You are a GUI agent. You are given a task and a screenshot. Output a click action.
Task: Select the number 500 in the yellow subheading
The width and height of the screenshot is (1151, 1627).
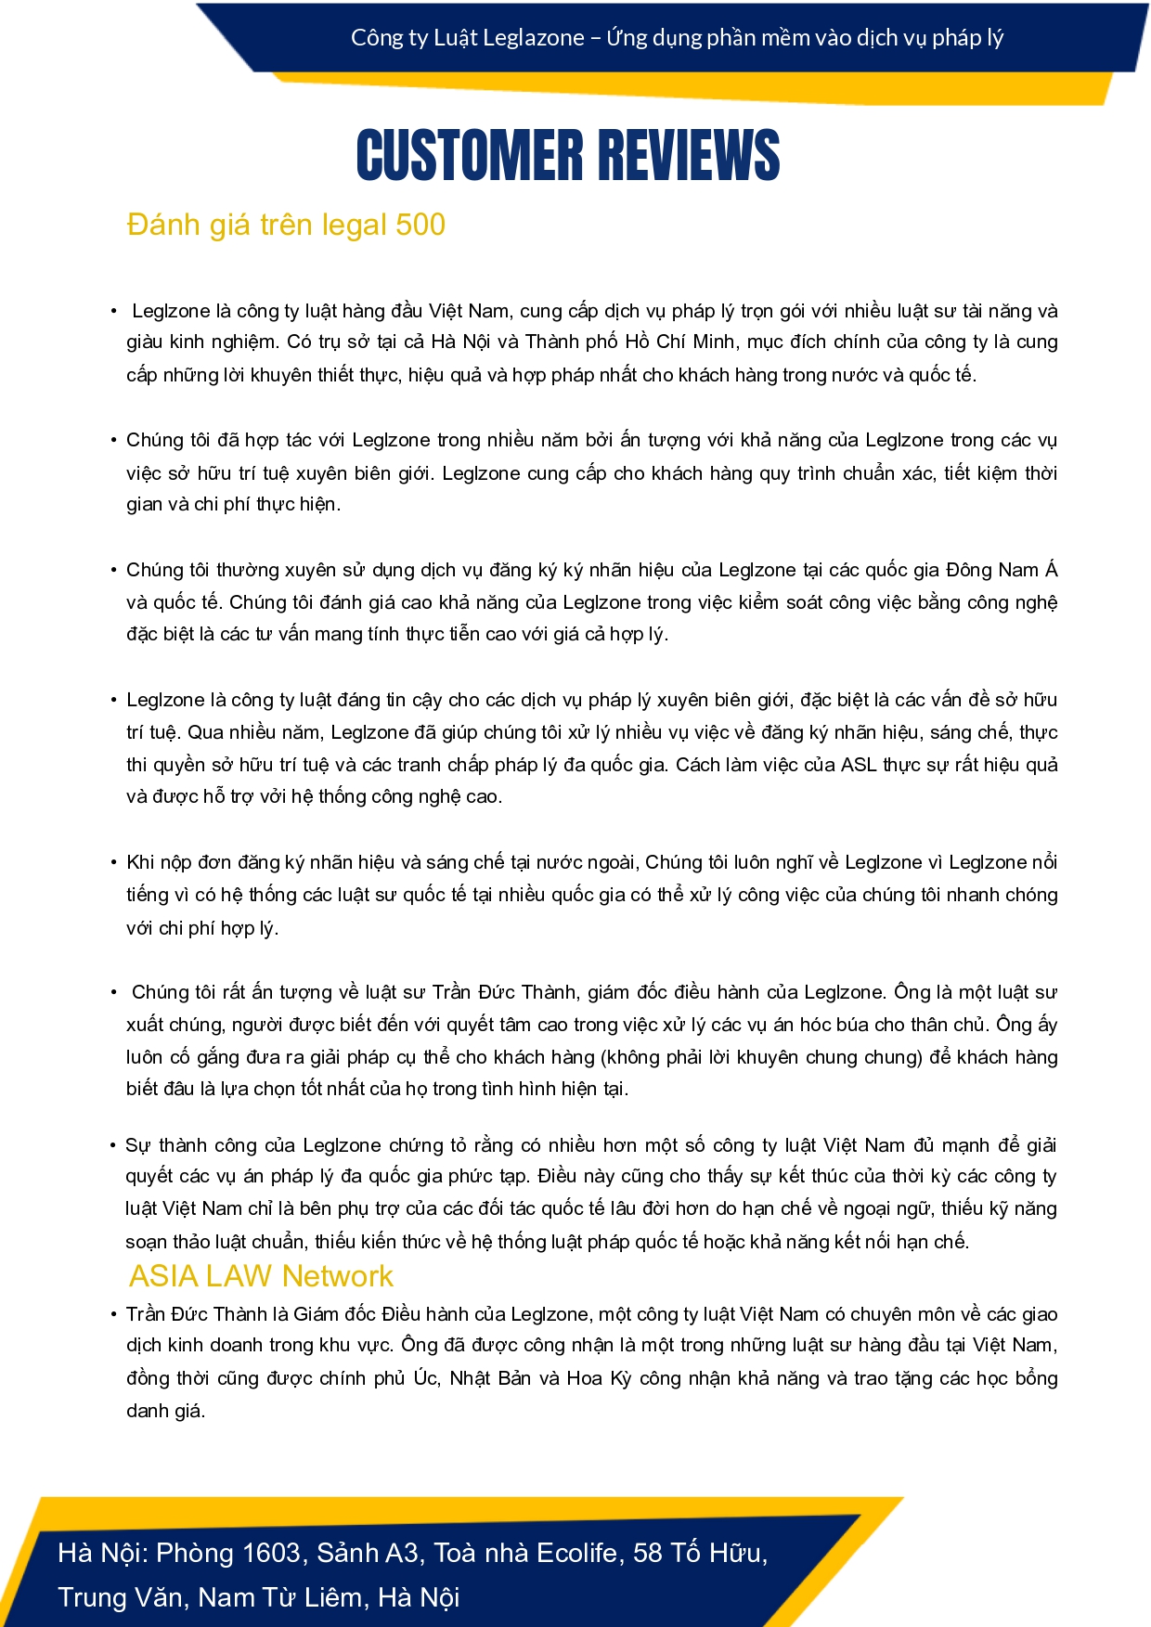click(x=420, y=225)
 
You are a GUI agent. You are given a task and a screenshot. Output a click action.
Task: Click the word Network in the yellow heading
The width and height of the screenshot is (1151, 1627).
click(x=338, y=1276)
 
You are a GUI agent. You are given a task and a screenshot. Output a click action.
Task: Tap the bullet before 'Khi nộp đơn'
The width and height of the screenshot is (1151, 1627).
click(x=113, y=863)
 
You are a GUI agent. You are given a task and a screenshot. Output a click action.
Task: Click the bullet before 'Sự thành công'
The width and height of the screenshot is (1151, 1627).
click(x=113, y=1145)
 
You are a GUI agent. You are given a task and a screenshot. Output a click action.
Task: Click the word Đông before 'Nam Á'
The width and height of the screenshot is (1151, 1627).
click(x=971, y=570)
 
